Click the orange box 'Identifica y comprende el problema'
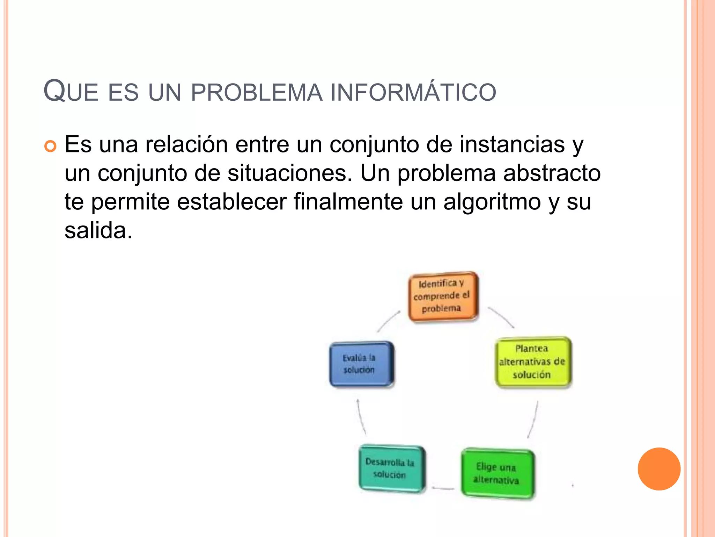[x=443, y=296]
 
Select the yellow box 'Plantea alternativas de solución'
[x=533, y=362]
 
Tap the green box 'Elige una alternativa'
[x=497, y=473]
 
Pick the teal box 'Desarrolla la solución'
[x=392, y=468]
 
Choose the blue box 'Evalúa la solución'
[x=361, y=364]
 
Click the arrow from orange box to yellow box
[x=501, y=317]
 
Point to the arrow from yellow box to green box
[x=533, y=420]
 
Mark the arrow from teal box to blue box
[x=361, y=417]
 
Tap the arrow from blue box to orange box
[x=388, y=321]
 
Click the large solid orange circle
[x=659, y=469]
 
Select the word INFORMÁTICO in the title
[x=413, y=92]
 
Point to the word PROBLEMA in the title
[x=257, y=92]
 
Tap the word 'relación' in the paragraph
[x=186, y=144]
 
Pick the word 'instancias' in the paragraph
[x=512, y=144]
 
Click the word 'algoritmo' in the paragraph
[x=492, y=202]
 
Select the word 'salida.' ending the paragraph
[x=98, y=231]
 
